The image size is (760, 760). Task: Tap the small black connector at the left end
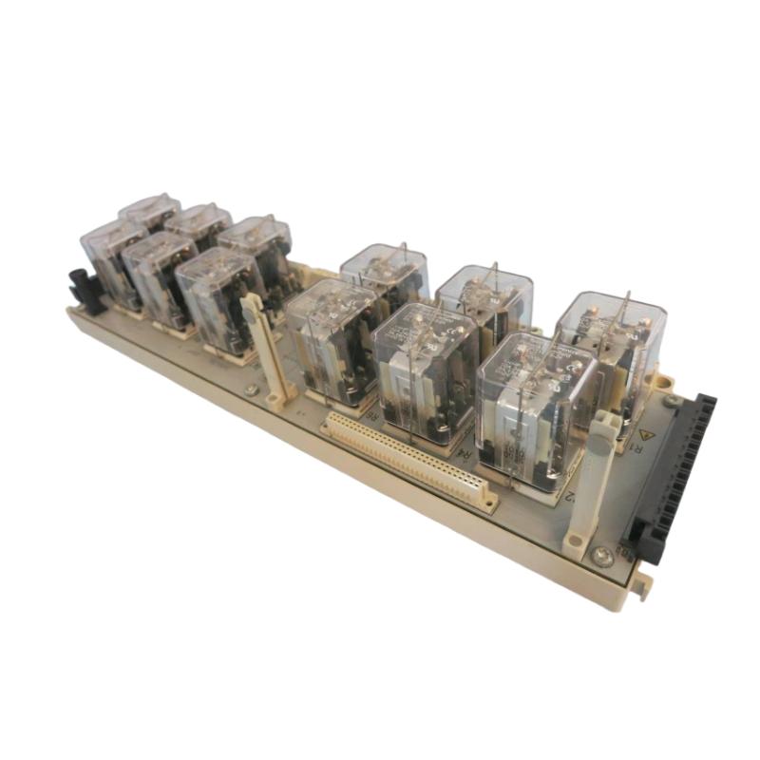[x=85, y=291]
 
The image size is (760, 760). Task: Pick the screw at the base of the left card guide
[x=250, y=389]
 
